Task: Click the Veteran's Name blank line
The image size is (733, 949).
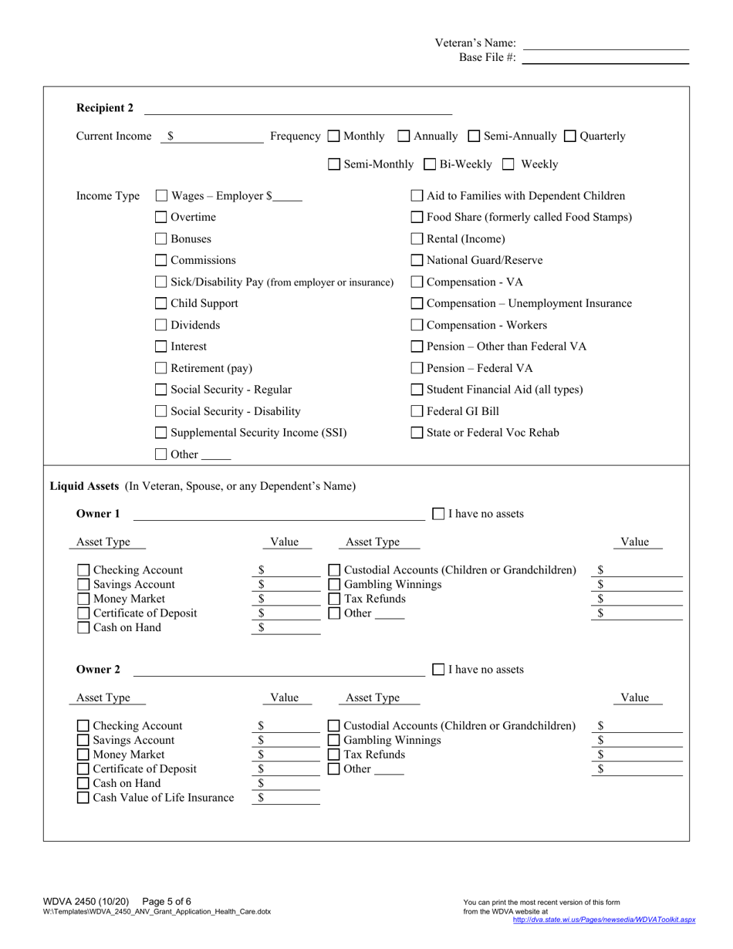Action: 605,44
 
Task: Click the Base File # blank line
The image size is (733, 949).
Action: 605,59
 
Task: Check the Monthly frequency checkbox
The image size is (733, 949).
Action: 333,137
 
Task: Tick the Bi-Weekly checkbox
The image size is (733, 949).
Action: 430,164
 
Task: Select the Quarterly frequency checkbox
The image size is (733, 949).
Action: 570,137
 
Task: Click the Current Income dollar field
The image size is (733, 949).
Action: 216,137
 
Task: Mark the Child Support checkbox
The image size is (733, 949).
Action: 161,304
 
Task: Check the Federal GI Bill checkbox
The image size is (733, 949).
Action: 417,411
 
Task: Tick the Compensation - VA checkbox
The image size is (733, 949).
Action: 417,282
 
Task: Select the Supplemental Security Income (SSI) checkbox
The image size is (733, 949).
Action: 161,433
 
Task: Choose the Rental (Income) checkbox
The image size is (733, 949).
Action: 417,239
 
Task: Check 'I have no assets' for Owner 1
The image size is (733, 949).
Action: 438,514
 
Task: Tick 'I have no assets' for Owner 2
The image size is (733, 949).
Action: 438,670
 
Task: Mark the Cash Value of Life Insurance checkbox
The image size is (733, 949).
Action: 83,798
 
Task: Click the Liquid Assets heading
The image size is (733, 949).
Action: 84,486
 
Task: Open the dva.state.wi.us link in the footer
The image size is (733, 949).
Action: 604,920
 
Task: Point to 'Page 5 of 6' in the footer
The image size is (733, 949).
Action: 167,901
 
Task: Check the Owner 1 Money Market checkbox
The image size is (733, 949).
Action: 83,599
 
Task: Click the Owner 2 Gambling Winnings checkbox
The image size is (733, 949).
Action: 334,741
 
